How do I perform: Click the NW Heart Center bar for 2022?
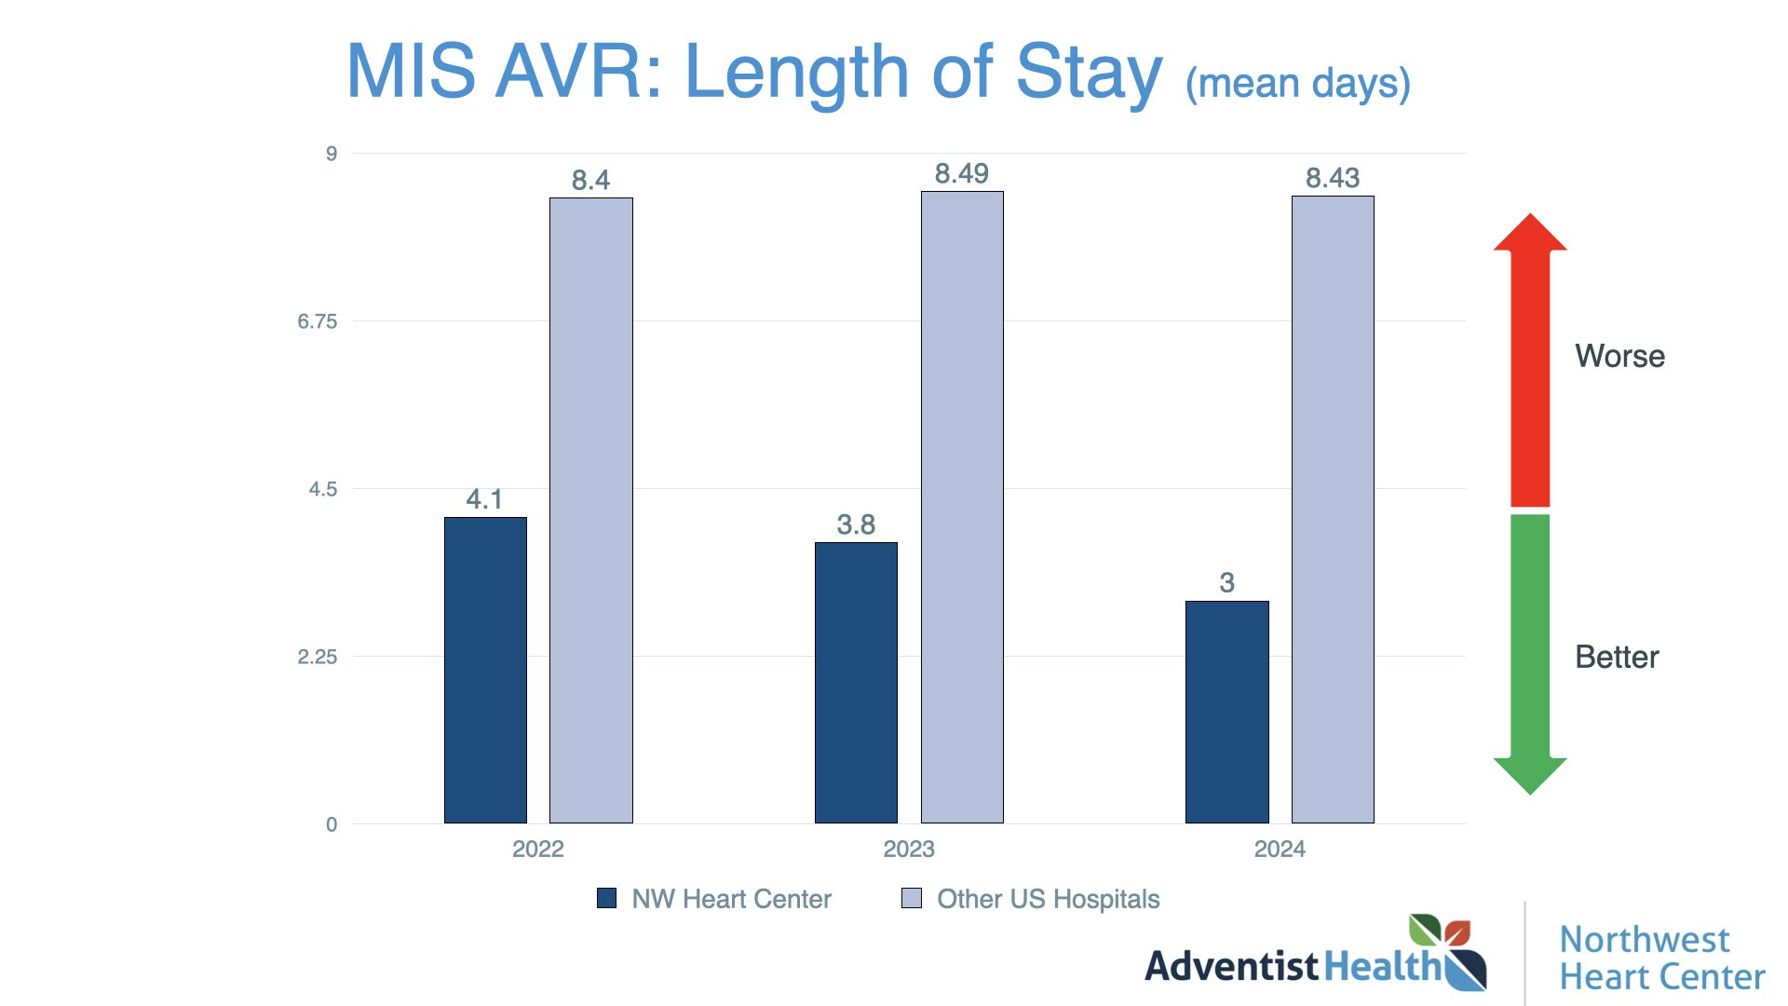[485, 670]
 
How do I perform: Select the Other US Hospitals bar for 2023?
[962, 507]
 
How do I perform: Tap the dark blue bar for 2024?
[1226, 712]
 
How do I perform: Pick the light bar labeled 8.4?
[590, 510]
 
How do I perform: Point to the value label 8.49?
[961, 174]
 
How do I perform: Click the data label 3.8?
[856, 524]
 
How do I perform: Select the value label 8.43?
[1332, 178]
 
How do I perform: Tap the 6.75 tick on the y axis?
[317, 321]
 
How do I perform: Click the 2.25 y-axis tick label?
[317, 657]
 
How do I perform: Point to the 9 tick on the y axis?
[332, 154]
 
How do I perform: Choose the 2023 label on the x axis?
[908, 849]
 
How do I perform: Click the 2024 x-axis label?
[1280, 849]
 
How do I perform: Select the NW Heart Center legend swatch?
[606, 898]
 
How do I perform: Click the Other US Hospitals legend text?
[1048, 899]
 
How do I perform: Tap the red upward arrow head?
[1530, 233]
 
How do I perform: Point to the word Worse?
[1619, 356]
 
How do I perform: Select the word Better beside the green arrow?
[1617, 657]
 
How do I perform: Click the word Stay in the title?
[1089, 73]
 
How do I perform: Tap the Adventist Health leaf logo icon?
[1446, 950]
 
